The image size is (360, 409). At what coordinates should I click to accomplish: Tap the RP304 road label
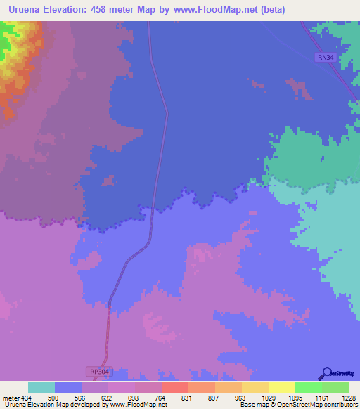[x=100, y=370]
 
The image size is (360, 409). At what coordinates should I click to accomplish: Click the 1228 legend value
[x=348, y=397]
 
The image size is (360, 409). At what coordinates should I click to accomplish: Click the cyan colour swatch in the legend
[x=41, y=387]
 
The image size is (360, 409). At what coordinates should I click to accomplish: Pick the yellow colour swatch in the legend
[x=281, y=387]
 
